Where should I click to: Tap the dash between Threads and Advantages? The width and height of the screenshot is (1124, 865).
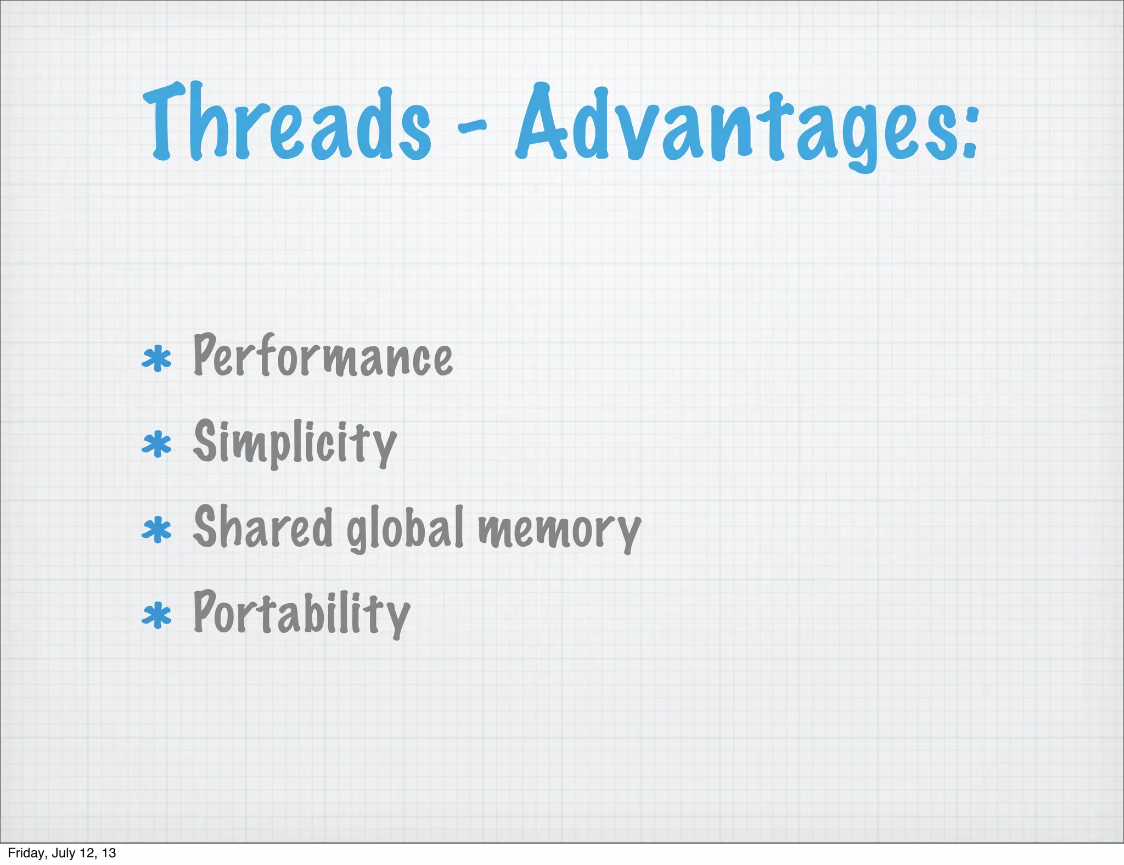[x=471, y=128]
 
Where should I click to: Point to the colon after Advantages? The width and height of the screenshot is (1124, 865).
[x=970, y=132]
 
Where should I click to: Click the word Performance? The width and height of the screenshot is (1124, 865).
[x=323, y=357]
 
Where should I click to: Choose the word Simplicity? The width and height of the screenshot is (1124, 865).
[x=295, y=442]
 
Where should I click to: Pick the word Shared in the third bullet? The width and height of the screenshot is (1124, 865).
[x=263, y=527]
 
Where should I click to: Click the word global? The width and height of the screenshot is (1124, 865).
[x=406, y=527]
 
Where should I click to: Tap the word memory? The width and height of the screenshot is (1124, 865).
[x=559, y=530]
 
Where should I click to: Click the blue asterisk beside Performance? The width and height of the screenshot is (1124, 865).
[x=157, y=359]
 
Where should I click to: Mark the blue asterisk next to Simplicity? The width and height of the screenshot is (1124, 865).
[x=157, y=444]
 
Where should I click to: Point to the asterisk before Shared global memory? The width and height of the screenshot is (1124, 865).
[x=157, y=530]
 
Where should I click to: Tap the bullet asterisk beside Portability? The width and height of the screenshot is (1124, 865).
[x=157, y=615]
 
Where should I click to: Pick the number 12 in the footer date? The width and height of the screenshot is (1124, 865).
[x=89, y=853]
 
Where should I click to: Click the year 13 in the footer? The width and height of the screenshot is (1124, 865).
[x=109, y=853]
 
